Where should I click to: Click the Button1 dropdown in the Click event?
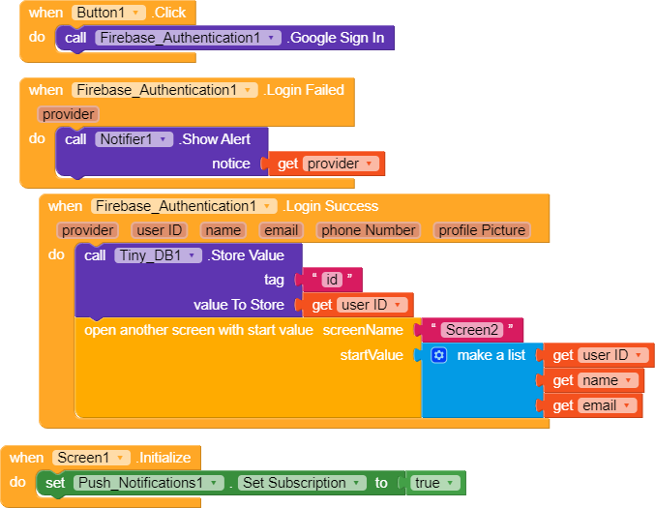(x=108, y=14)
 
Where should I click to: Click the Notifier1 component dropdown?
(x=134, y=139)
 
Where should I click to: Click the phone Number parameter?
(x=369, y=230)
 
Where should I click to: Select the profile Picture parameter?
(x=482, y=230)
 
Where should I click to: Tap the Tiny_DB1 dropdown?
(x=158, y=255)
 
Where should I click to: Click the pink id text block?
(x=332, y=281)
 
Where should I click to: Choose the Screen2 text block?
(x=472, y=330)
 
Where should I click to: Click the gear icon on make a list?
(x=438, y=356)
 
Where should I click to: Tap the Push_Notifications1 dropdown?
(x=147, y=483)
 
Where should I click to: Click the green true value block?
(x=433, y=483)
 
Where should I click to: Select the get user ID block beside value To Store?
(x=357, y=306)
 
